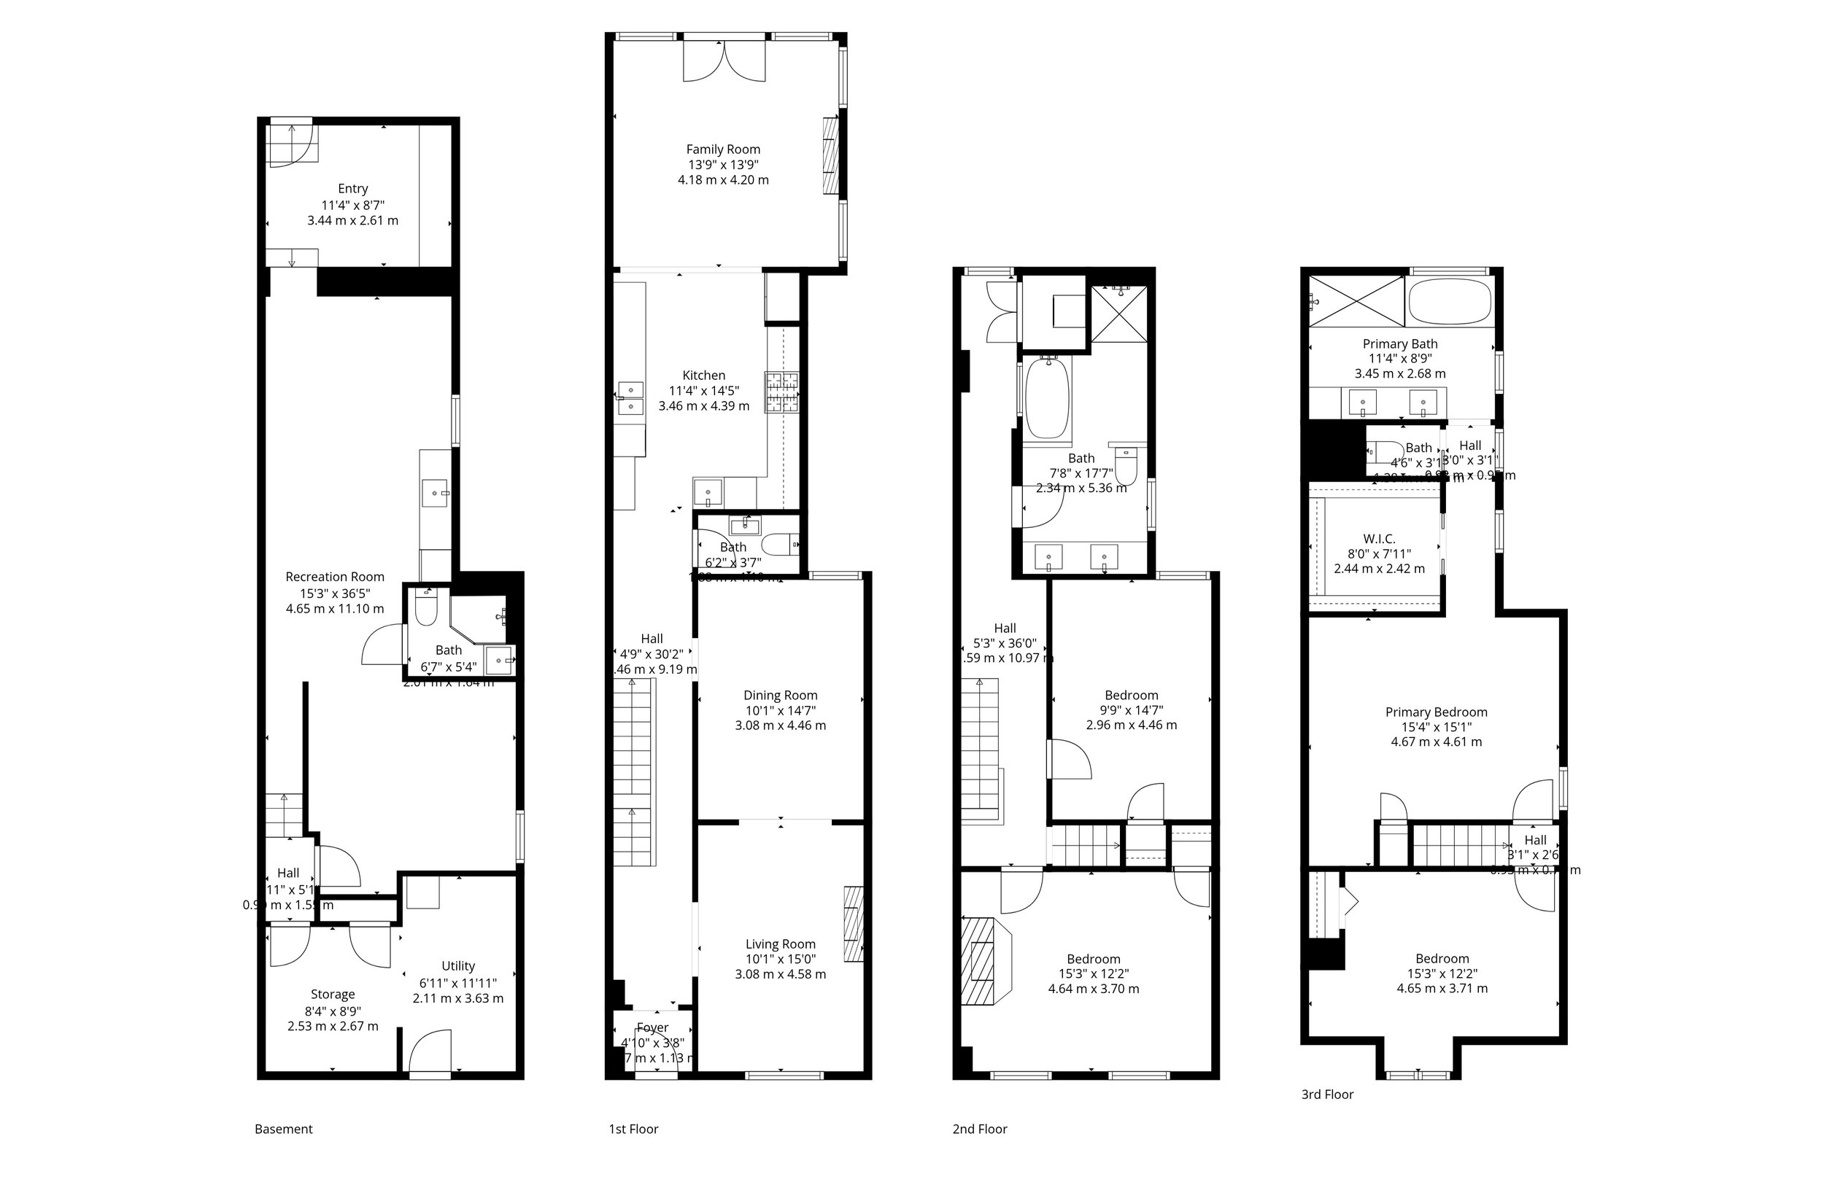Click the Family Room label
723,149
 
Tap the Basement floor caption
284,1128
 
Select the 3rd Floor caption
1326,1094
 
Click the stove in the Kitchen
781,392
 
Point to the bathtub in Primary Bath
1449,302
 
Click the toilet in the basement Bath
425,609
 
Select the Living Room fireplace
853,924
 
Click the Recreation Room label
335,577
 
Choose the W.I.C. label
1379,539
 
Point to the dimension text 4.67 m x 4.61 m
1435,742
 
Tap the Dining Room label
780,695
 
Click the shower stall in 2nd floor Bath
1119,314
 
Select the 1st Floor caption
633,1128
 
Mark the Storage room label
333,995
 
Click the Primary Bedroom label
1435,712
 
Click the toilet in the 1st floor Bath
780,545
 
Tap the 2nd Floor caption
979,1128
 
